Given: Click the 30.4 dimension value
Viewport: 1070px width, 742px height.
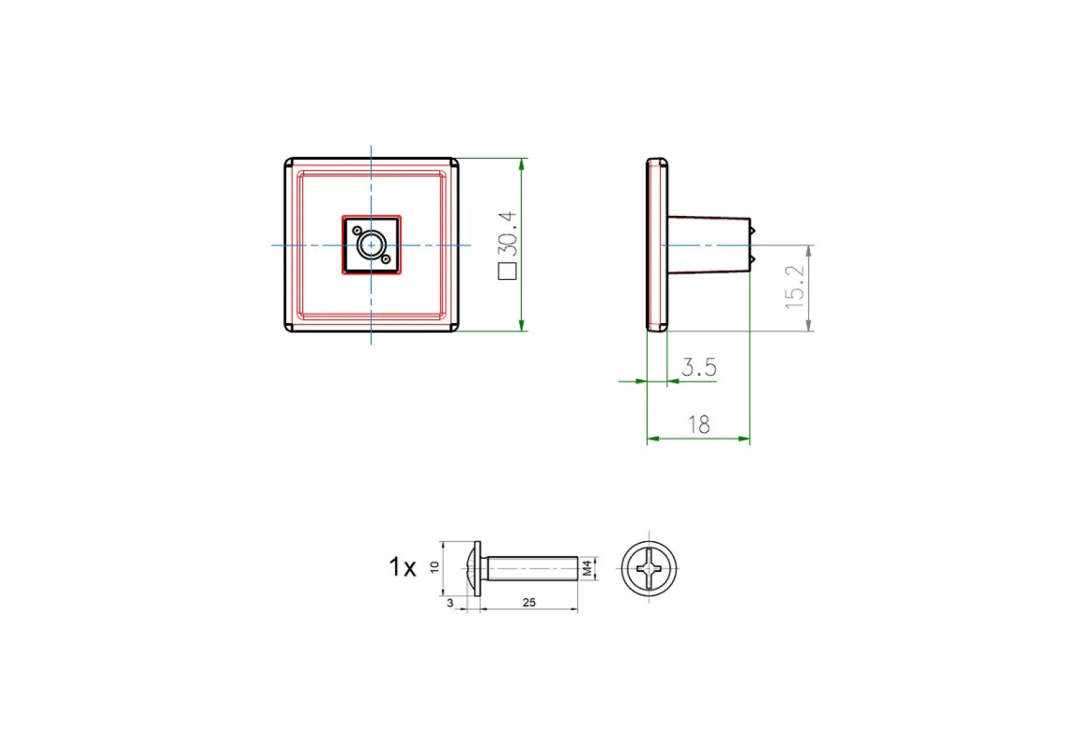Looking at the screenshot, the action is click(508, 234).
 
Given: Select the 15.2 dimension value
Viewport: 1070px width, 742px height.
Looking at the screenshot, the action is click(794, 287).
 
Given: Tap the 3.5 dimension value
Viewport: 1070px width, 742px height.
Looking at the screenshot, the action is click(699, 367).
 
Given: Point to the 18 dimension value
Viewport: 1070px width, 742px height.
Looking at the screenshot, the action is click(699, 424).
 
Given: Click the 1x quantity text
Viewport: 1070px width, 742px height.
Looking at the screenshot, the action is click(402, 566).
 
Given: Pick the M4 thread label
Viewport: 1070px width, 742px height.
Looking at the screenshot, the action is click(587, 569).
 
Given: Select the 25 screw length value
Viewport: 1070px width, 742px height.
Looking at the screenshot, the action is click(529, 603).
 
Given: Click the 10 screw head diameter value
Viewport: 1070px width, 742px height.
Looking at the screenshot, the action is click(434, 567).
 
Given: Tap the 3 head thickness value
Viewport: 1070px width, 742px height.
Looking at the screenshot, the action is click(450, 603).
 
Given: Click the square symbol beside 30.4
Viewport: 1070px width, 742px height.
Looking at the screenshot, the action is click(508, 271).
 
